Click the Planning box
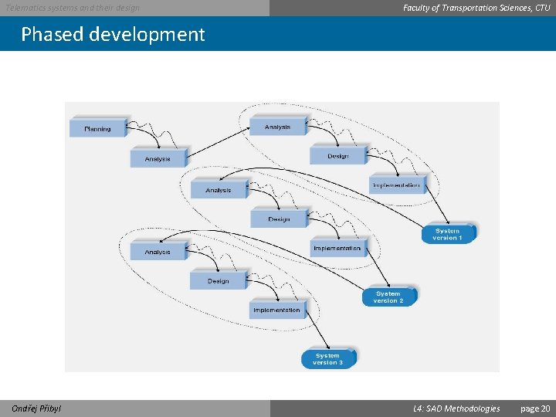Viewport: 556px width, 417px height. point(98,128)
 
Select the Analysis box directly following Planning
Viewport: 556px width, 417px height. point(158,158)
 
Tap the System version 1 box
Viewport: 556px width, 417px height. point(447,233)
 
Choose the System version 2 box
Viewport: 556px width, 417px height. point(388,297)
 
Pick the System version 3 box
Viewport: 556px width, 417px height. point(327,359)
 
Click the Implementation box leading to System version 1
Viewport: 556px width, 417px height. point(396,185)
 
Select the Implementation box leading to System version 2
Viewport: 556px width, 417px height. point(337,248)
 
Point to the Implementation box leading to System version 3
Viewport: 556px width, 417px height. point(276,310)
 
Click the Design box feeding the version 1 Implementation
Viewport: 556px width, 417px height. point(337,155)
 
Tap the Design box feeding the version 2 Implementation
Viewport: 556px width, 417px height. point(279,219)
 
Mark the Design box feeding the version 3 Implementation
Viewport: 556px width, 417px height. point(218,280)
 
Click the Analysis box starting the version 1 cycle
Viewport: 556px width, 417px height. point(277,126)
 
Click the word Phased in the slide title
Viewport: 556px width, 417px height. point(52,35)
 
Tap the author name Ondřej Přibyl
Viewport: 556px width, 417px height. point(37,409)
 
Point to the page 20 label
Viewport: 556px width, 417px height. point(535,409)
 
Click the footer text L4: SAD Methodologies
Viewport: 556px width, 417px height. point(456,409)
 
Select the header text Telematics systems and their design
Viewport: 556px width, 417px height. point(73,8)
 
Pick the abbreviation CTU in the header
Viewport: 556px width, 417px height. point(542,8)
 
